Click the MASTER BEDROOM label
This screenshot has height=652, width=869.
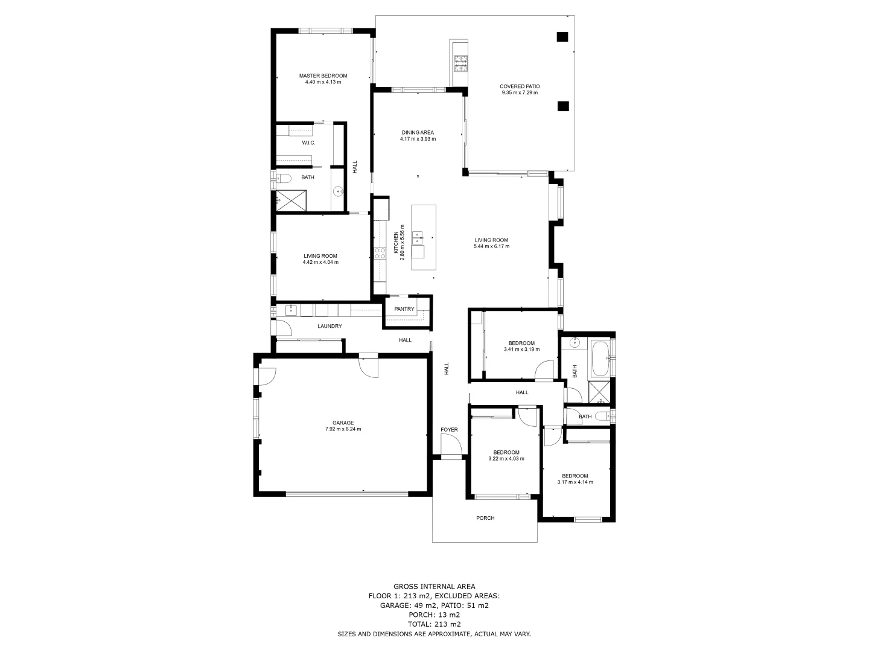[x=323, y=76]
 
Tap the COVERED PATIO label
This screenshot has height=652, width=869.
[x=519, y=86]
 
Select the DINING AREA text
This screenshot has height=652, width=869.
[x=418, y=133]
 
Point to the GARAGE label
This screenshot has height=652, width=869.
[x=343, y=423]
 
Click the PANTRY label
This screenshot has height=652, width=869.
[x=404, y=309]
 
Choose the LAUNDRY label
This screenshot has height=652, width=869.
[x=329, y=326]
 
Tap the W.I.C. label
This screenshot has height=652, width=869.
[x=308, y=143]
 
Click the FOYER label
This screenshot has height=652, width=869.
[x=449, y=430]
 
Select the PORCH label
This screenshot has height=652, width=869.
[x=485, y=518]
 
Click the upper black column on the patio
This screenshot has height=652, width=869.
[x=562, y=37]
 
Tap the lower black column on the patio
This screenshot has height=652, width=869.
[x=562, y=106]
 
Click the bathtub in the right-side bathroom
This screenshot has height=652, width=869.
[x=600, y=359]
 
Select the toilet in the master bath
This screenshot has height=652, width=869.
[x=284, y=177]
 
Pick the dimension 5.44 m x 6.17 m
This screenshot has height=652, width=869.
[x=491, y=246]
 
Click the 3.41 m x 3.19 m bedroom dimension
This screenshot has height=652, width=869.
[x=521, y=349]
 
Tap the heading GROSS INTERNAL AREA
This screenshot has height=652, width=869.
[x=434, y=586]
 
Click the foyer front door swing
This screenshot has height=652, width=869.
[x=451, y=447]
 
